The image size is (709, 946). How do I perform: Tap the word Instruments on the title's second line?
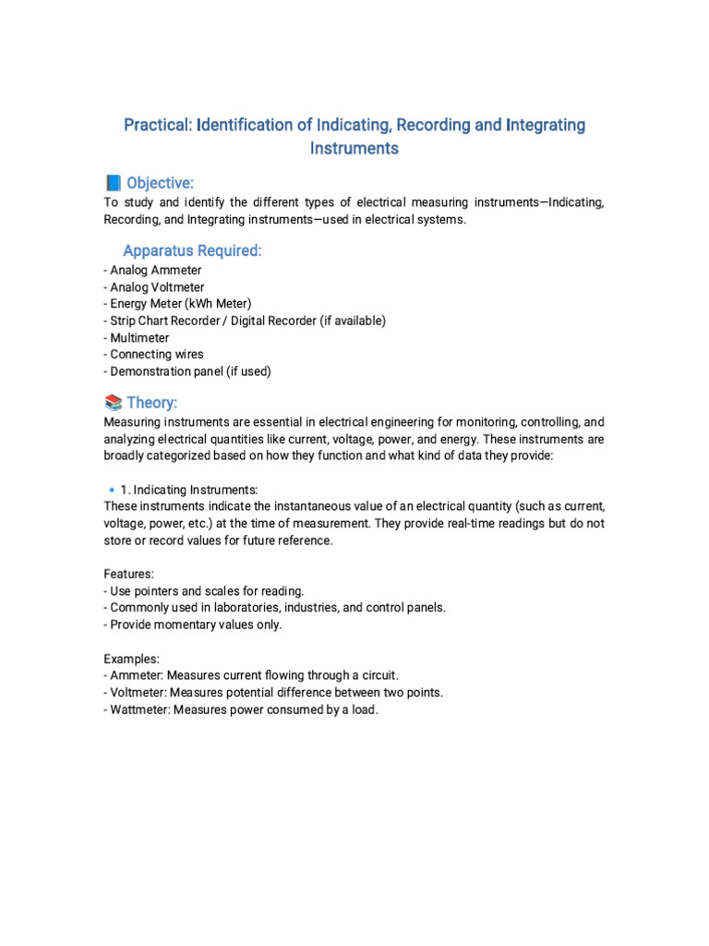(354, 148)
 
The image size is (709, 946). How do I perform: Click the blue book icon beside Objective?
(114, 183)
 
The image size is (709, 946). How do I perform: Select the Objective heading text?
(160, 183)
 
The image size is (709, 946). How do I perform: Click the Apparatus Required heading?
(192, 250)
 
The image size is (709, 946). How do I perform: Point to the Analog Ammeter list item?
(152, 271)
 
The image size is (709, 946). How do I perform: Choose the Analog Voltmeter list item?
(154, 287)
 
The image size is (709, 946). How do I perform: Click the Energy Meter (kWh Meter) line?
(177, 304)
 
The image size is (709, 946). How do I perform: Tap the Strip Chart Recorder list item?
(245, 321)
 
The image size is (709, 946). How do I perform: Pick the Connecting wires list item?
(154, 355)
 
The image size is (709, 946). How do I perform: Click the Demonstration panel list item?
(187, 371)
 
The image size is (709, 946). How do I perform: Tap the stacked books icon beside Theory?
(114, 402)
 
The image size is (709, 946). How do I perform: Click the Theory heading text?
(152, 402)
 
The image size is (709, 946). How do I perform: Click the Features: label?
(128, 574)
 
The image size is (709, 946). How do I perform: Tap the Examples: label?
(131, 659)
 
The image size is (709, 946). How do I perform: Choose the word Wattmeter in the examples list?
(138, 709)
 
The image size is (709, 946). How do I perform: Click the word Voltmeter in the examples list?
(138, 693)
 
